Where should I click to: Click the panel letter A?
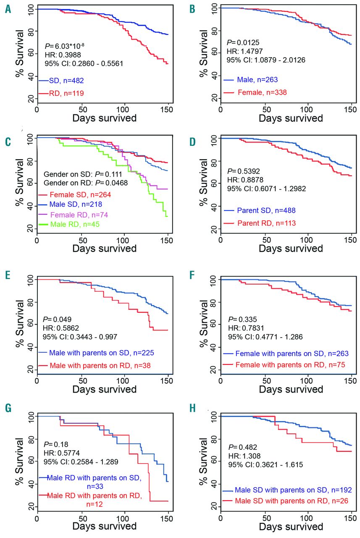click(x=8, y=9)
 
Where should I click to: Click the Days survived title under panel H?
click(x=291, y=526)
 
